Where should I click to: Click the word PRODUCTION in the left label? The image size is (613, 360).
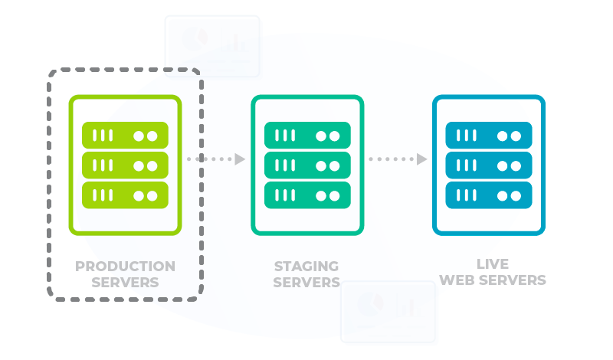(x=125, y=267)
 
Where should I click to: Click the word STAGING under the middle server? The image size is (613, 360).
(x=306, y=267)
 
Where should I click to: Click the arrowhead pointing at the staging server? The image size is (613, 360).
(x=240, y=159)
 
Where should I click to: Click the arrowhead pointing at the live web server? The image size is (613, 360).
(x=422, y=159)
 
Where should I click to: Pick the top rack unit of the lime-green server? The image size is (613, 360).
(x=125, y=136)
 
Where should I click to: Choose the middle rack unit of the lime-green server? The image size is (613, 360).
(x=125, y=165)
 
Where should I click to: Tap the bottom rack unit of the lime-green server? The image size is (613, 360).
(x=125, y=195)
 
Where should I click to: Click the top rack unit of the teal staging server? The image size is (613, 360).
(x=307, y=136)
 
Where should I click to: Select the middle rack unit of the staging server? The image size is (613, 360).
(x=307, y=165)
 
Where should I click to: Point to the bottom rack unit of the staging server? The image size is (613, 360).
(x=307, y=195)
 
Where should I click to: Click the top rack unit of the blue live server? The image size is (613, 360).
(x=489, y=136)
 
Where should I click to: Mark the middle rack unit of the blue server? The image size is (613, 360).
(x=489, y=165)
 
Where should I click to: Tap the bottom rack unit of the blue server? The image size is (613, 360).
(x=489, y=195)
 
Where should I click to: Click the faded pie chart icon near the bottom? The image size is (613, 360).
(x=370, y=304)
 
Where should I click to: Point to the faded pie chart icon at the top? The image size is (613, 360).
(x=195, y=38)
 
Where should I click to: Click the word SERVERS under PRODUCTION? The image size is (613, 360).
(x=125, y=282)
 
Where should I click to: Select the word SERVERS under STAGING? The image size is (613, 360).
(x=306, y=282)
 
